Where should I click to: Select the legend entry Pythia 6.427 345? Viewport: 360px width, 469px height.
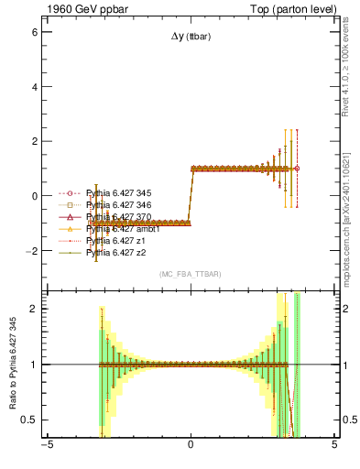(118, 193)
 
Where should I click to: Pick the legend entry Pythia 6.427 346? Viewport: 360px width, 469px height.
(118, 205)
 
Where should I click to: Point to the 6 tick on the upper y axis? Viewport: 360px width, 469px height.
(36, 32)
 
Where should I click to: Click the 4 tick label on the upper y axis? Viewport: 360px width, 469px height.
(36, 87)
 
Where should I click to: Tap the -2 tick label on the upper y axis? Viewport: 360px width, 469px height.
(34, 251)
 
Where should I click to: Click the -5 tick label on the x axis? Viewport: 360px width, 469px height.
(47, 448)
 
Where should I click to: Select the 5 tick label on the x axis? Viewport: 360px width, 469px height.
(334, 448)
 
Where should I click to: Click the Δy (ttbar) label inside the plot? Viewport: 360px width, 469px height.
(190, 37)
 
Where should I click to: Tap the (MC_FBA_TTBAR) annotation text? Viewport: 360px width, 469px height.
(190, 275)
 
